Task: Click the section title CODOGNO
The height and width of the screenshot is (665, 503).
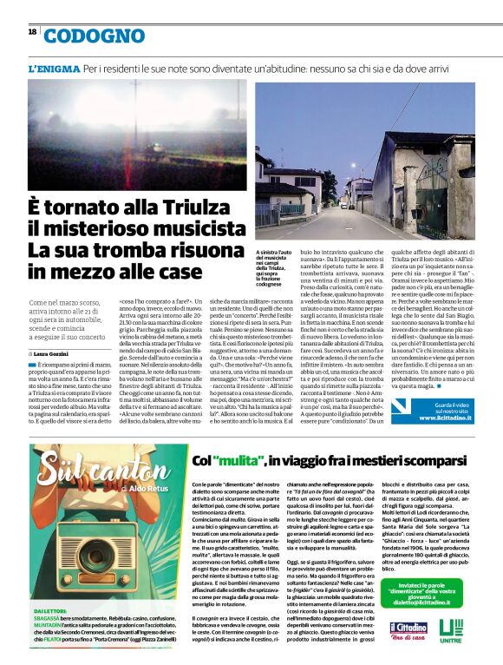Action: [x=95, y=36]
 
